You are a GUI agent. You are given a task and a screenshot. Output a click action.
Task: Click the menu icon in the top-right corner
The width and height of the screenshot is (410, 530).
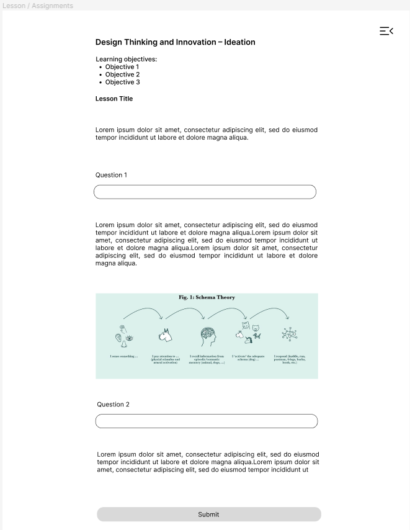(x=386, y=31)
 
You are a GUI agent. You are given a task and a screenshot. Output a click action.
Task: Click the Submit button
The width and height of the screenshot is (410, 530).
(x=208, y=514)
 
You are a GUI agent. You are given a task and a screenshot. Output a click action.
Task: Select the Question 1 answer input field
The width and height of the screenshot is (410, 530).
(x=205, y=192)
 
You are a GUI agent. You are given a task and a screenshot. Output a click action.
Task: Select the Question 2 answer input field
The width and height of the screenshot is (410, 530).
(x=206, y=421)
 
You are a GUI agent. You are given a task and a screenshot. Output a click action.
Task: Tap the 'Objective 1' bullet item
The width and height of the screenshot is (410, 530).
(x=122, y=67)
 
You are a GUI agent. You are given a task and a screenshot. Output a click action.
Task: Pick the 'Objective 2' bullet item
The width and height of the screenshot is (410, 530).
(x=122, y=74)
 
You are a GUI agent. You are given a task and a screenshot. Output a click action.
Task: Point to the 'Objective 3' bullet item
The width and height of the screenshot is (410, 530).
(x=122, y=82)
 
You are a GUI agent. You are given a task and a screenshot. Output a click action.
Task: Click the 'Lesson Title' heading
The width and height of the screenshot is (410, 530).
(x=114, y=99)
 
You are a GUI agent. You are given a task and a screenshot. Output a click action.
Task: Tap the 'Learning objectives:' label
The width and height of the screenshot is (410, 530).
(x=126, y=60)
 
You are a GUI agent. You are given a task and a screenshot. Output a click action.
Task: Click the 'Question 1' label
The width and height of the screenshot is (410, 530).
(x=111, y=175)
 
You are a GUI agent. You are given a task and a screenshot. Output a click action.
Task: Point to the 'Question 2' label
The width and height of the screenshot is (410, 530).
(x=113, y=405)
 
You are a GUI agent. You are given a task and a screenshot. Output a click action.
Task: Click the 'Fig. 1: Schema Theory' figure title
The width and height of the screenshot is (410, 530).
(x=207, y=297)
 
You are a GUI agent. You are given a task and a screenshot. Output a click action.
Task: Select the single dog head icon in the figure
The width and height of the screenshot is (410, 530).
(x=165, y=335)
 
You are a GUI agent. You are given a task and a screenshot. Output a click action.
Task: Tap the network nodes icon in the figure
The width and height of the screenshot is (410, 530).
(x=289, y=335)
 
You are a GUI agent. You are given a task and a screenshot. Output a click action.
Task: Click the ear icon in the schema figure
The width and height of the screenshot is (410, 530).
(x=118, y=338)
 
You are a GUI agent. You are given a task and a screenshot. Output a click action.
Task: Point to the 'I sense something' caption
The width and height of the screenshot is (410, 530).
(x=124, y=356)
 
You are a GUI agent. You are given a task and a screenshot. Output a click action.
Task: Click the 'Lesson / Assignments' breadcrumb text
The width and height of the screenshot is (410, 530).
(x=37, y=6)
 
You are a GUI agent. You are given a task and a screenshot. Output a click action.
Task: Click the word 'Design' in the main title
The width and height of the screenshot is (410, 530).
(x=109, y=42)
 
